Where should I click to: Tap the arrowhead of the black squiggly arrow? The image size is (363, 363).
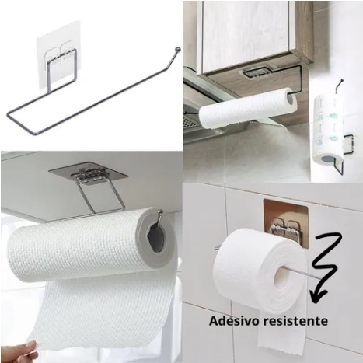pyautogui.click(x=318, y=295)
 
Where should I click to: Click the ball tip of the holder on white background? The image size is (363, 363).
pyautogui.click(x=177, y=48)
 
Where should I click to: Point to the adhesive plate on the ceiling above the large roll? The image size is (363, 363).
pyautogui.click(x=88, y=173)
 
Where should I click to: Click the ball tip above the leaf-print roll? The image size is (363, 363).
pyautogui.click(x=342, y=81)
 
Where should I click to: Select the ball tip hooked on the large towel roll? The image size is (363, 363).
pyautogui.click(x=162, y=212)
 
